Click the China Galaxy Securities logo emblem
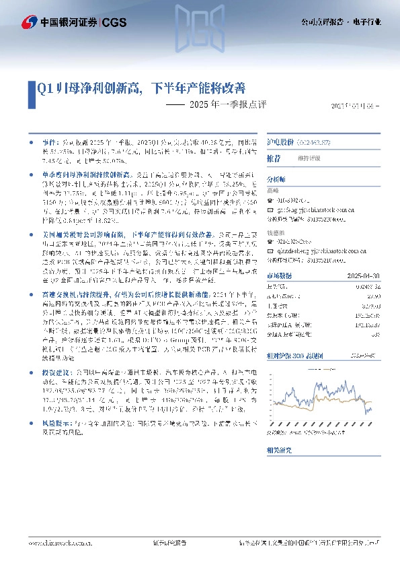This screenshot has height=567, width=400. tap(30, 22)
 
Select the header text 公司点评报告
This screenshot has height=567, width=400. tap(321, 22)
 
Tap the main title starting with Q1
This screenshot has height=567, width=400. tap(141, 88)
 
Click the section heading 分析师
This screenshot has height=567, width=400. tap(276, 180)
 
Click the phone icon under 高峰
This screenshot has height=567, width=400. tap(270, 200)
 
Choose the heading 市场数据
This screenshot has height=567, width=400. tap(280, 276)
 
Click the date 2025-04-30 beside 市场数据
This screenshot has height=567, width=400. tap(366, 276)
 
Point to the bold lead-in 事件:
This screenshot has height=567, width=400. tap(51, 143)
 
